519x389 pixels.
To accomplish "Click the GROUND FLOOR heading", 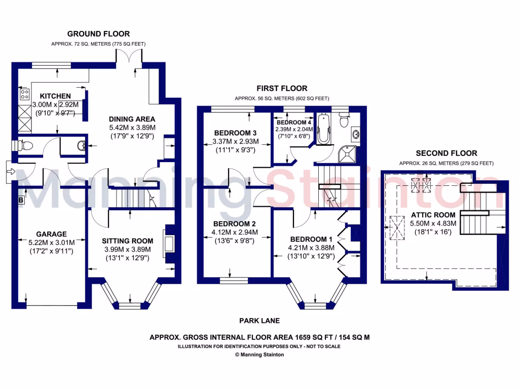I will pos(98,34).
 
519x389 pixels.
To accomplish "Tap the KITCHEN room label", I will pos(55,96).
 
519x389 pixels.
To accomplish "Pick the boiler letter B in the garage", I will pos(21,200).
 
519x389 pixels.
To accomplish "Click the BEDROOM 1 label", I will pos(311,239).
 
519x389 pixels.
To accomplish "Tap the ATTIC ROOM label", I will pos(433,215).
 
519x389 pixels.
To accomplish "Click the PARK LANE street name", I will pos(259,321).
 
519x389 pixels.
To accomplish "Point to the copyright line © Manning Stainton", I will pos(259,355).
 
